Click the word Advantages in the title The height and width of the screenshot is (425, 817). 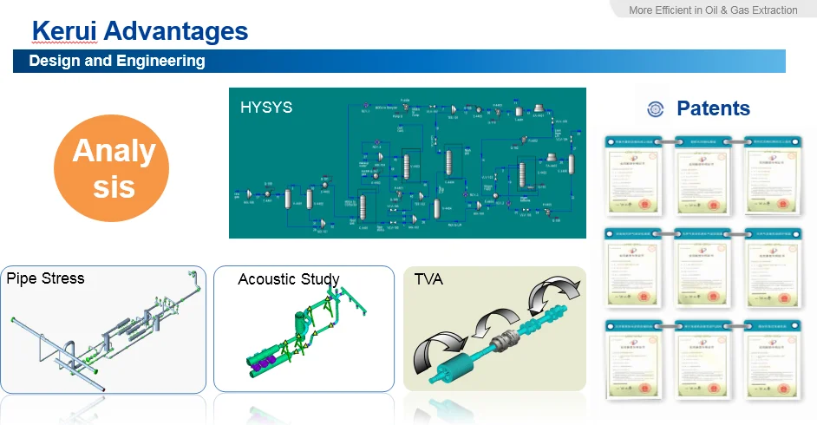point(176,32)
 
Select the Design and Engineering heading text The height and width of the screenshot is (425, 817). point(117,61)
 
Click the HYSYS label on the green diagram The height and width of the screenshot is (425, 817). point(266,108)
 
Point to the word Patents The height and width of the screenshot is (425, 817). point(713,108)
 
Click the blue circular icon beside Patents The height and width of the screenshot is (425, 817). point(657,109)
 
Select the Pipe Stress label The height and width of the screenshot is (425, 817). point(45,278)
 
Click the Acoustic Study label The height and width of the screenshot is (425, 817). point(289,279)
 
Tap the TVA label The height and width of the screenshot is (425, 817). point(429,279)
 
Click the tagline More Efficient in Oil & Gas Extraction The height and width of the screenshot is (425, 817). point(714,10)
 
